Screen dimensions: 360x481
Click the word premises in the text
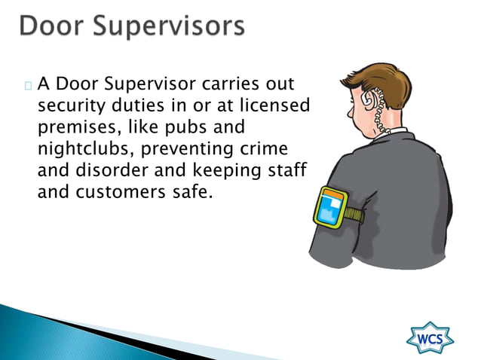pyautogui.click(x=74, y=126)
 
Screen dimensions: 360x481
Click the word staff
pyautogui.click(x=285, y=169)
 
